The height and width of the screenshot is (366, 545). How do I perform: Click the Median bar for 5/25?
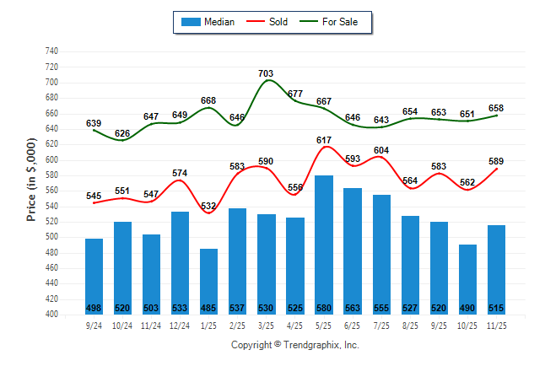point(324,245)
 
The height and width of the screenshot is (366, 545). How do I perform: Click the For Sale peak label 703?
point(266,73)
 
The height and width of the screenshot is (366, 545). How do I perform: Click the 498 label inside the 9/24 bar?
point(94,308)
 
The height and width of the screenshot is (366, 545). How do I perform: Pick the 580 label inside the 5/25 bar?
point(324,308)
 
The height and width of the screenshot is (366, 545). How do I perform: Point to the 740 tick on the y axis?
point(51,51)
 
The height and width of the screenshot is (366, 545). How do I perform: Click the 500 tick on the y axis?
point(51,237)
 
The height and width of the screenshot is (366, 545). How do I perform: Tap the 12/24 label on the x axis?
point(180,326)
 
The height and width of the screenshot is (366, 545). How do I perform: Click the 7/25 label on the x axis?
point(381,326)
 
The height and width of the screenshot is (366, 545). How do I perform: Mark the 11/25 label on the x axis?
point(496,326)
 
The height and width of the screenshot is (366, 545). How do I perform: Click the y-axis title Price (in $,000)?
point(31,182)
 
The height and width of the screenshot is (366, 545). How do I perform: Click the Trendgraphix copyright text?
point(295,345)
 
